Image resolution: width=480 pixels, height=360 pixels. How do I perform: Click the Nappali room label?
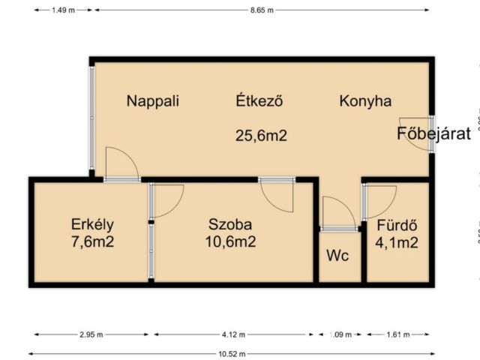(x=153, y=101)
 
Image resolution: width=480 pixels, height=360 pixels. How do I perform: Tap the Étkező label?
(x=259, y=101)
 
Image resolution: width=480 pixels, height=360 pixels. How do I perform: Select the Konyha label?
(x=364, y=101)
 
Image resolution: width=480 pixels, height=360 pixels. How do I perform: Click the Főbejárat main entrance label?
(x=433, y=135)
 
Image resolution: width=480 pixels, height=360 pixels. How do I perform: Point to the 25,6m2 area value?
(x=262, y=136)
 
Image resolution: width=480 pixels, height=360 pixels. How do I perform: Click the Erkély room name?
(x=91, y=223)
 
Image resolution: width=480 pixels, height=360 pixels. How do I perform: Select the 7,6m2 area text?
(x=91, y=241)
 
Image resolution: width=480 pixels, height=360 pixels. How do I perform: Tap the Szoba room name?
(x=230, y=223)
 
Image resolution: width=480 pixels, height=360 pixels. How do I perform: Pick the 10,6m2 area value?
(x=230, y=241)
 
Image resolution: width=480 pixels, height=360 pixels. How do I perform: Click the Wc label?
(x=337, y=256)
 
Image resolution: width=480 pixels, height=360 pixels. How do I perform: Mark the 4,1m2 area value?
(x=397, y=241)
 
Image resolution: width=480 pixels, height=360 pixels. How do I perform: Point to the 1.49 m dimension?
(x=63, y=10)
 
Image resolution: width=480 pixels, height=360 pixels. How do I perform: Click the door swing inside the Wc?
(x=337, y=211)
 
